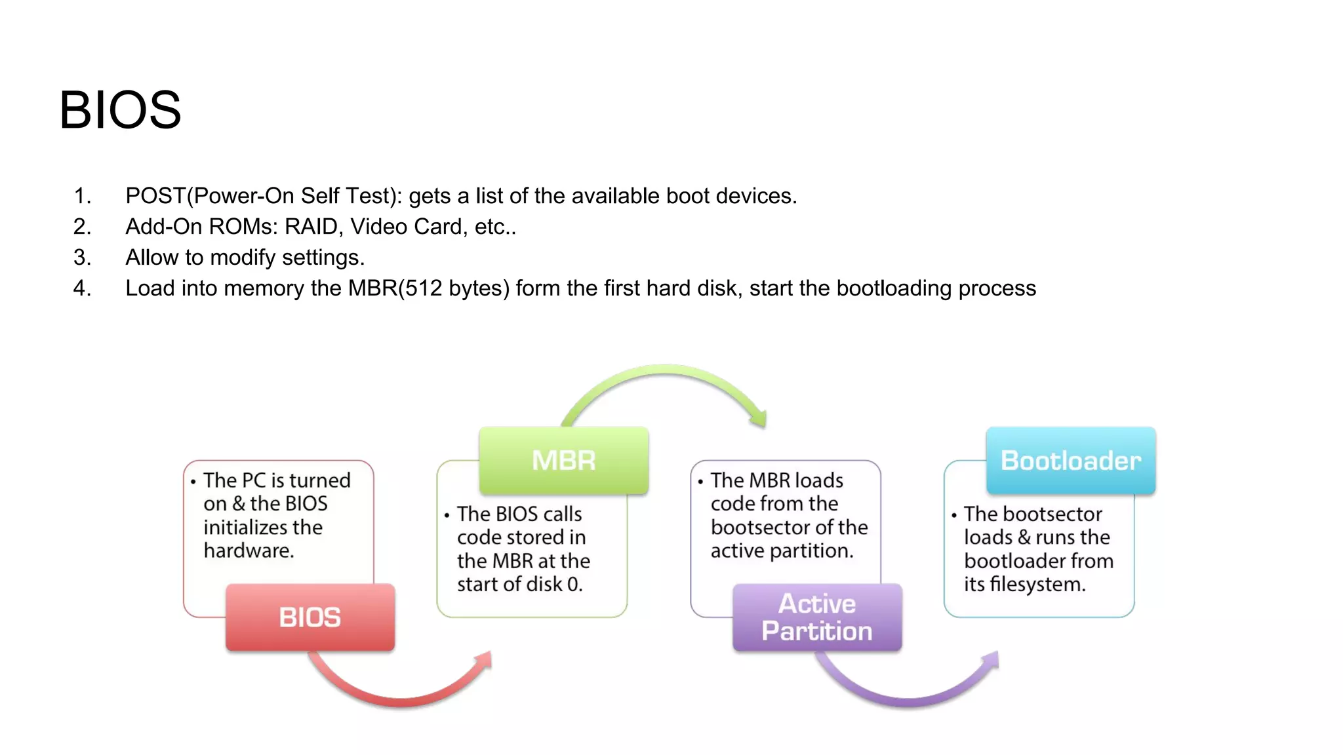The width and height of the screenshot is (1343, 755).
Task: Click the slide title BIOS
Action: pyautogui.click(x=120, y=110)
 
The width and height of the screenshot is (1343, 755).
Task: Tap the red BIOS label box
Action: pyautogui.click(x=310, y=617)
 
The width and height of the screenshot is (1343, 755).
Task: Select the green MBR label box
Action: pyautogui.click(x=563, y=460)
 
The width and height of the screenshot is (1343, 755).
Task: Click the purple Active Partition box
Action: pyautogui.click(x=817, y=617)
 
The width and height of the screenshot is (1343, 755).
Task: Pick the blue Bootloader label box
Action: pyautogui.click(x=1071, y=460)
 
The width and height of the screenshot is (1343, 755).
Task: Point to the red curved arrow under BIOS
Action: pyautogui.click(x=400, y=695)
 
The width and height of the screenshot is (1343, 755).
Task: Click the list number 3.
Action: pyautogui.click(x=82, y=258)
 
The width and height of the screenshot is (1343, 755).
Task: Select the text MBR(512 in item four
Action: pyautogui.click(x=395, y=288)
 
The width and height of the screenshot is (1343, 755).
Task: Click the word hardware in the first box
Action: pyautogui.click(x=247, y=551)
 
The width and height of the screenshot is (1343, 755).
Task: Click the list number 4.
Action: pyautogui.click(x=82, y=288)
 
